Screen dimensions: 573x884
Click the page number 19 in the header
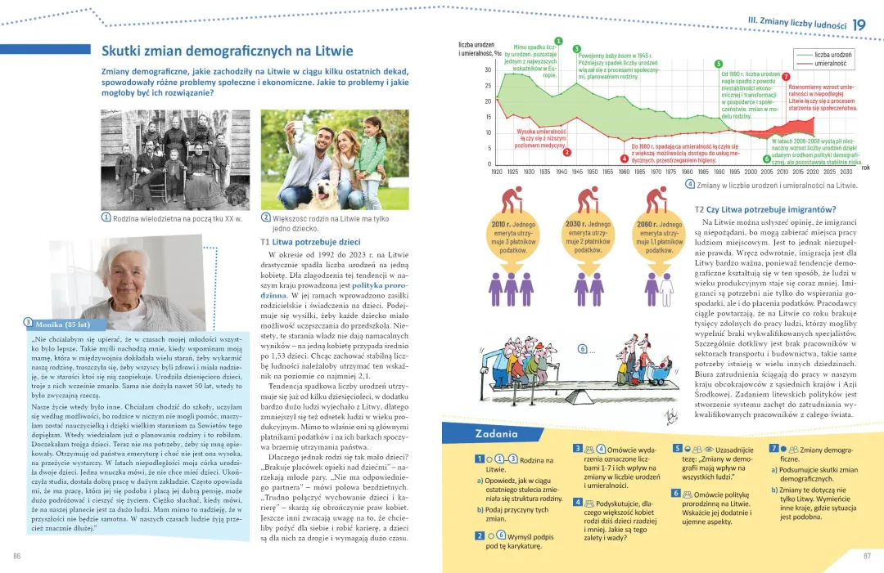coord(859,25)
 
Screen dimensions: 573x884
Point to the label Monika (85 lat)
coord(62,324)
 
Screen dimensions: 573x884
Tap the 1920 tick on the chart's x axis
coord(497,172)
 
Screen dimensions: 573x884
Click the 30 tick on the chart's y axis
coord(488,70)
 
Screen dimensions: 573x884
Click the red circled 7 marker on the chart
coord(786,76)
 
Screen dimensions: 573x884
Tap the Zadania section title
coord(496,433)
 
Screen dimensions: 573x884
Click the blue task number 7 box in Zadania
coord(773,449)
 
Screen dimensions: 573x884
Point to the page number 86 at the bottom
coord(16,556)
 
